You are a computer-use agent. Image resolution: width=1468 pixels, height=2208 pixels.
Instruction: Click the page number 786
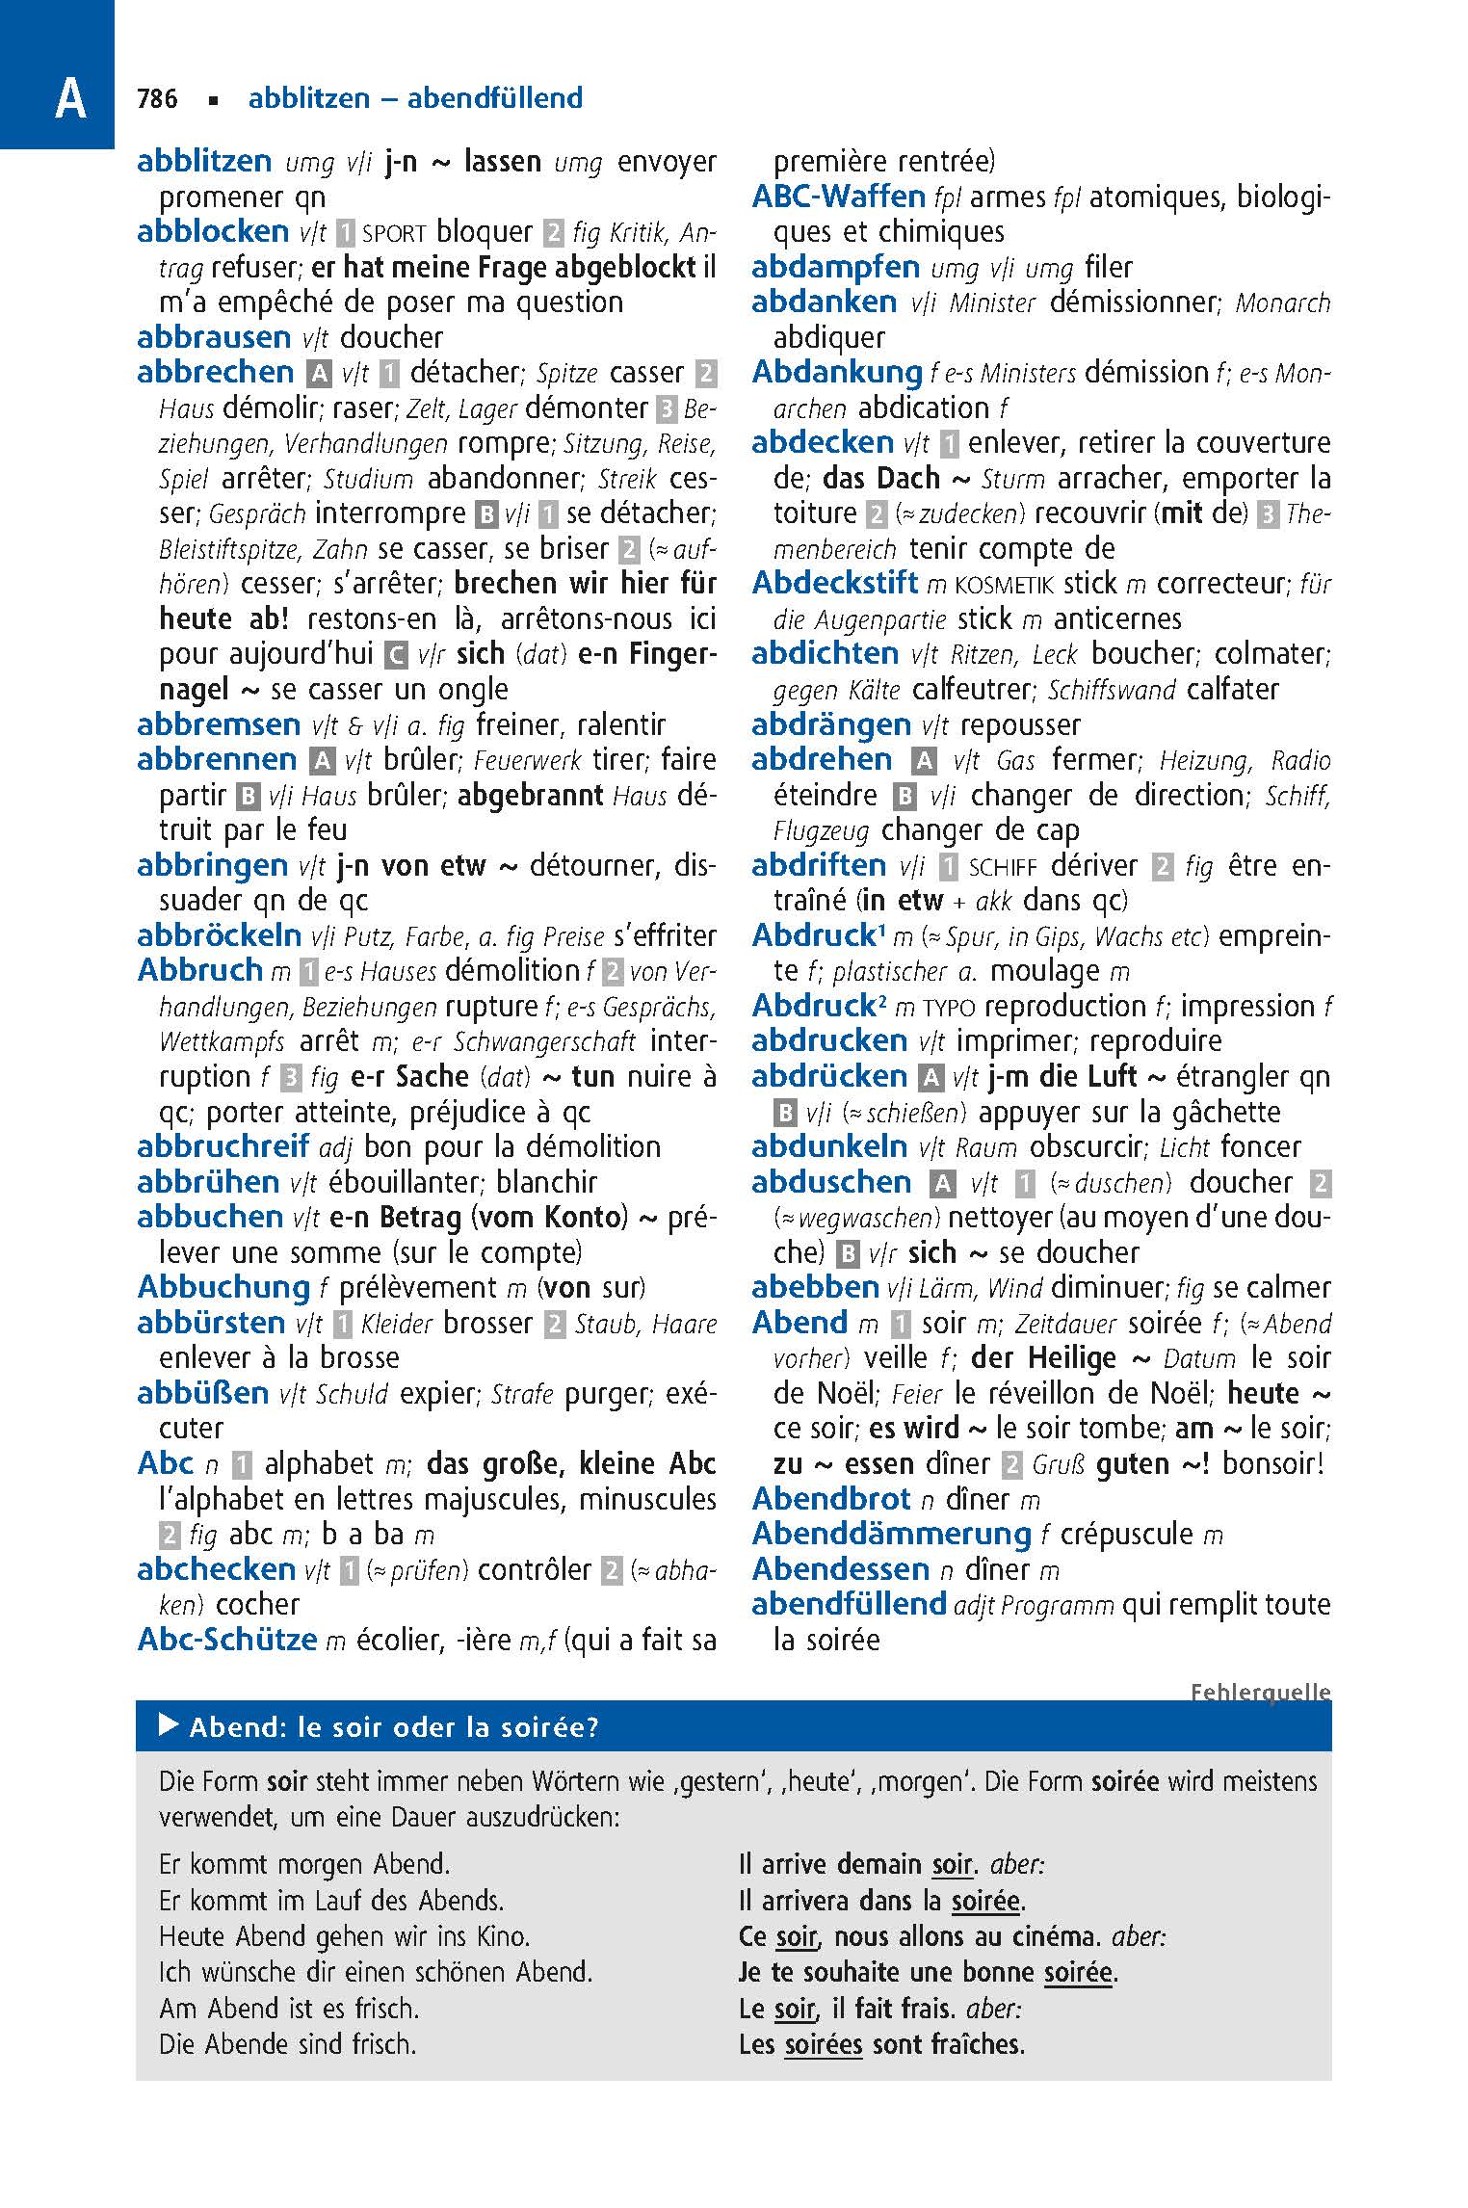point(158,98)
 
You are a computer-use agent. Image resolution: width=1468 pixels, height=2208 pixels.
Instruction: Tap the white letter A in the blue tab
point(70,99)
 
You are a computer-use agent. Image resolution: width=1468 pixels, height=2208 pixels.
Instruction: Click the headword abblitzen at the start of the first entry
point(204,161)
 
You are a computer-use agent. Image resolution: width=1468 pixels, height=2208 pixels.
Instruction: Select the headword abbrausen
point(214,337)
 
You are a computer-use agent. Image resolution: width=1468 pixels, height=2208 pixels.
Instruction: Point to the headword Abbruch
point(200,970)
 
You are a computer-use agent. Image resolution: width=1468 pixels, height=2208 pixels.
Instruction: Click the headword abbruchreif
point(223,1146)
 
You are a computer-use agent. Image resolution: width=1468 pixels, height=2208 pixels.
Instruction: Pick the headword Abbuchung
point(223,1287)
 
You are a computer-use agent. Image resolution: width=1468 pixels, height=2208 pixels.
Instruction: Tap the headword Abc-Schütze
point(227,1639)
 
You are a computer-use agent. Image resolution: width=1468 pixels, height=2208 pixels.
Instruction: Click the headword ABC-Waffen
point(838,197)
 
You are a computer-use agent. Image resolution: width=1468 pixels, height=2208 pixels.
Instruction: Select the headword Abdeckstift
point(834,583)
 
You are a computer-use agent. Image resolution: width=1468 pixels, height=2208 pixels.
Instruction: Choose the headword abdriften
point(819,865)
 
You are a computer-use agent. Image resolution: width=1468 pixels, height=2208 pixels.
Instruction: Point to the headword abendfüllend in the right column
point(849,1604)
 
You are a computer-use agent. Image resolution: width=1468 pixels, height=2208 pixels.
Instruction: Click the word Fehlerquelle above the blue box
point(1260,1693)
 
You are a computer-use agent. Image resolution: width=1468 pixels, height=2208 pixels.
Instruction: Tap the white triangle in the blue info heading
point(169,1726)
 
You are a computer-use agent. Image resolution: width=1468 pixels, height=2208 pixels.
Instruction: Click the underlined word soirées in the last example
point(823,2044)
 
